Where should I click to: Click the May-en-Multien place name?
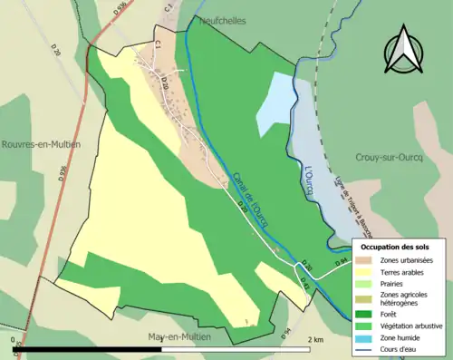click(x=179, y=336)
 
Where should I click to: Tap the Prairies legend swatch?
click(x=364, y=283)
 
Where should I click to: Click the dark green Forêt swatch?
click(x=364, y=314)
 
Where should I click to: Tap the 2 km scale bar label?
click(x=316, y=339)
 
